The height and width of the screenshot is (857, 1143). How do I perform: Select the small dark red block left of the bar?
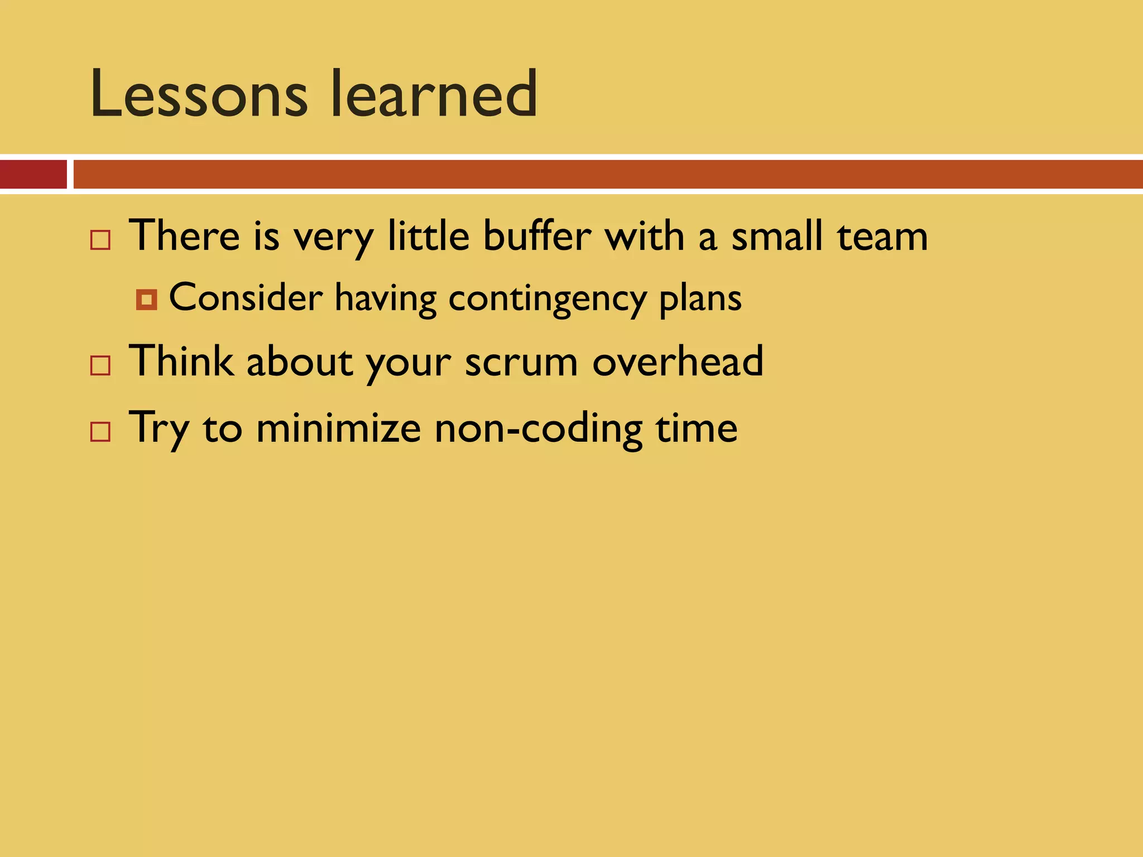pos(33,174)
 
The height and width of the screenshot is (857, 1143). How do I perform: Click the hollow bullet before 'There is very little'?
pos(100,240)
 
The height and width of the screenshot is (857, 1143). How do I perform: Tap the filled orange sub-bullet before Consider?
pos(146,300)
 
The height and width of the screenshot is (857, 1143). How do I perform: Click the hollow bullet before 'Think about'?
pos(100,365)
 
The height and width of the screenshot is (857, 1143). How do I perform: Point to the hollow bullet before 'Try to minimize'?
pos(100,432)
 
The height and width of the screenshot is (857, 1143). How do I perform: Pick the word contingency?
pos(547,298)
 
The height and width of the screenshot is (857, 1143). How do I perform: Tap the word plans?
pos(700,298)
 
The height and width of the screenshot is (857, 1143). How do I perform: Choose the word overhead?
pos(678,361)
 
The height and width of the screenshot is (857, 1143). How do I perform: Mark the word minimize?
pos(338,428)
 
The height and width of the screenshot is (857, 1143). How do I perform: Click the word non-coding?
pos(539,429)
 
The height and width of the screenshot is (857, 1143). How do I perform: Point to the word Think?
pos(181,361)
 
